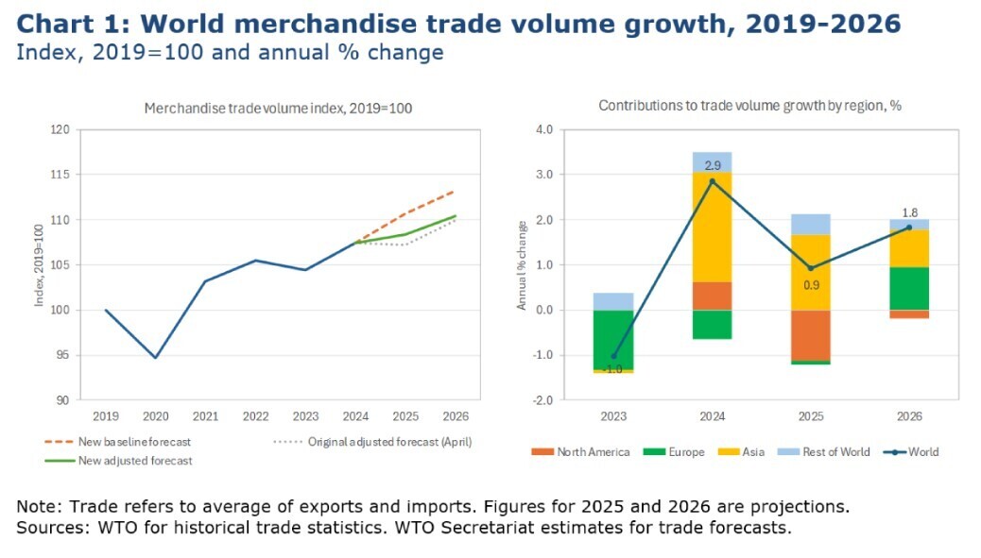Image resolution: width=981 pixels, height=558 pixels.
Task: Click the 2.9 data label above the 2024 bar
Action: click(x=713, y=165)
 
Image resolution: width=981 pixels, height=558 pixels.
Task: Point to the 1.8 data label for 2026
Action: click(x=909, y=212)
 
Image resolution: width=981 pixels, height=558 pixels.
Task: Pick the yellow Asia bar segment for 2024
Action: click(x=713, y=227)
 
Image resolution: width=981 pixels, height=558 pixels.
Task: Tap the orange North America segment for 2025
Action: click(x=811, y=335)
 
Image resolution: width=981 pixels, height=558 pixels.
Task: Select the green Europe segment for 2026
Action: click(x=909, y=288)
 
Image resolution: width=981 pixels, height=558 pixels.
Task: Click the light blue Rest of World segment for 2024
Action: click(x=713, y=161)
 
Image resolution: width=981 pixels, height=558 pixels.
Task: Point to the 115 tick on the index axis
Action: click(x=60, y=175)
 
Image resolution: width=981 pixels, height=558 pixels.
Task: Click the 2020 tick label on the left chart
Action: click(x=155, y=416)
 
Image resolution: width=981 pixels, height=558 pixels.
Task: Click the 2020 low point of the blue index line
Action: click(x=155, y=358)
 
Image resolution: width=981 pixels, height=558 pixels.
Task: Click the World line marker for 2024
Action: click(x=713, y=180)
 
